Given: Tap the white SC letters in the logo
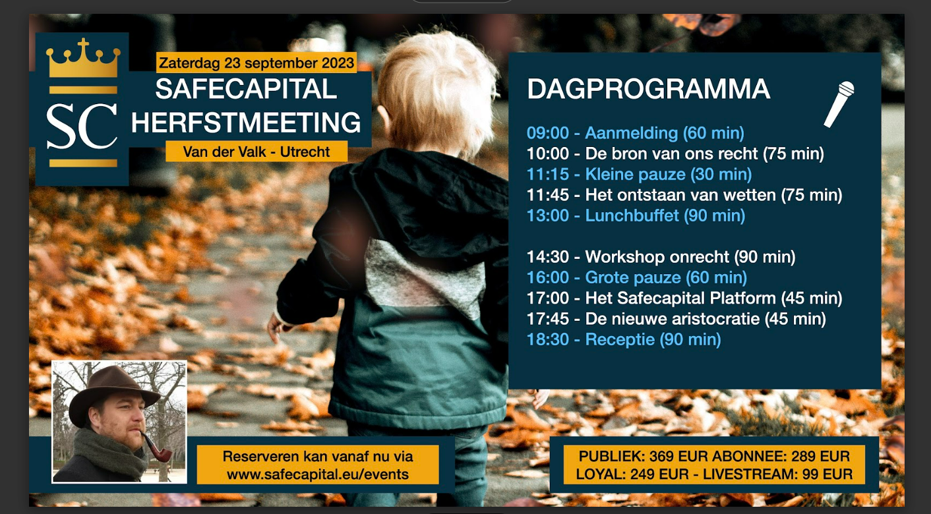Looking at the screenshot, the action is click(x=82, y=127).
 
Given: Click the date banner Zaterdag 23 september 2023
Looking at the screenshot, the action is click(x=256, y=63).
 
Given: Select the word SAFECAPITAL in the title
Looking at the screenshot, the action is click(x=246, y=89).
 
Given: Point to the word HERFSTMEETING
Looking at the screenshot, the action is click(x=246, y=122).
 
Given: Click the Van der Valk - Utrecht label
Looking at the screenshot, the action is click(x=256, y=152).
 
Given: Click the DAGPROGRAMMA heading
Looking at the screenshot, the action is click(x=648, y=89).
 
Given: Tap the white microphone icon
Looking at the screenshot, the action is click(x=839, y=104).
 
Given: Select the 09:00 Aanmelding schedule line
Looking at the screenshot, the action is click(x=635, y=133).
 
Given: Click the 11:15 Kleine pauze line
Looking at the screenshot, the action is click(x=639, y=174).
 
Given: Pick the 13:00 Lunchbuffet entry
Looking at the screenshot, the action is click(x=636, y=215).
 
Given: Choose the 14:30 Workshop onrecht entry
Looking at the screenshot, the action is click(x=661, y=257).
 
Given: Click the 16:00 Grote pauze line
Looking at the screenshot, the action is click(x=637, y=277).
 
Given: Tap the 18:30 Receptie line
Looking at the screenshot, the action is click(x=624, y=339).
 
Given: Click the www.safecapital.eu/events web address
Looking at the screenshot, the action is click(x=318, y=474).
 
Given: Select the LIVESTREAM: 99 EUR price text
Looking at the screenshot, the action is click(x=775, y=474).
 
